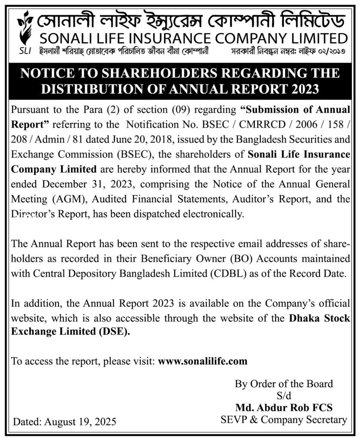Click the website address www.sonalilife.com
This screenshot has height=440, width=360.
[203, 361]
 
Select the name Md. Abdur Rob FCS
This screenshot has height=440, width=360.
[284, 406]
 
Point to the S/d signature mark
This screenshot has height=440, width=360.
[284, 395]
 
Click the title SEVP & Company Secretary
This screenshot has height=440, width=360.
[284, 419]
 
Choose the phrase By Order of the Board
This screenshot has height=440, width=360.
[284, 383]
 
